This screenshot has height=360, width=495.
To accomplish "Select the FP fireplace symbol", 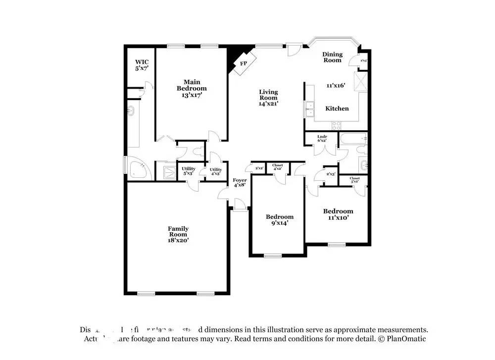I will pos(244,64).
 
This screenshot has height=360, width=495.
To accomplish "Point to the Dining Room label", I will pos(332,57).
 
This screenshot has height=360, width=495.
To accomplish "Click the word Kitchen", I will pos(337,108).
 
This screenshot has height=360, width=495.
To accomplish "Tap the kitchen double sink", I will pos(310,108).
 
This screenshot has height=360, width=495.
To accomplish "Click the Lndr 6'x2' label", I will pos(322,138).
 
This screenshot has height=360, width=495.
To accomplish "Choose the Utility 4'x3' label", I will pos(216,171).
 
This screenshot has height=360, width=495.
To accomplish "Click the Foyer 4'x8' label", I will pos(240,183).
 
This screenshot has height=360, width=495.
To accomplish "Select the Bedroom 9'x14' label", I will pos(279,219).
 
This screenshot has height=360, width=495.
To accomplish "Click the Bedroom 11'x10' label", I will pos(339,214).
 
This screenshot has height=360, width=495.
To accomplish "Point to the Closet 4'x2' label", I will pos(277,167).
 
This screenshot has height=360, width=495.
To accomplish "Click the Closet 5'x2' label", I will pos(354,180).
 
